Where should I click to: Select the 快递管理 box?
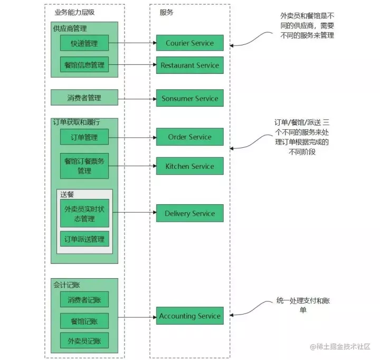(x=84, y=43)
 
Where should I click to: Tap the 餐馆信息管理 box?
(x=84, y=65)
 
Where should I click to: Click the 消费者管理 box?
(x=84, y=98)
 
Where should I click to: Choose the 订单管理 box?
(x=84, y=138)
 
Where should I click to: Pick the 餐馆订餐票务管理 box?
(x=84, y=166)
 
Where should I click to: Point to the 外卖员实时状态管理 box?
(x=84, y=213)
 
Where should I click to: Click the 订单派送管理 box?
(x=84, y=239)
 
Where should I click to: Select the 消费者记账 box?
(x=84, y=300)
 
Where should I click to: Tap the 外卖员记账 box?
(x=84, y=340)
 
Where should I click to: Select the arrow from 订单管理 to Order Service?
(x=132, y=138)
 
